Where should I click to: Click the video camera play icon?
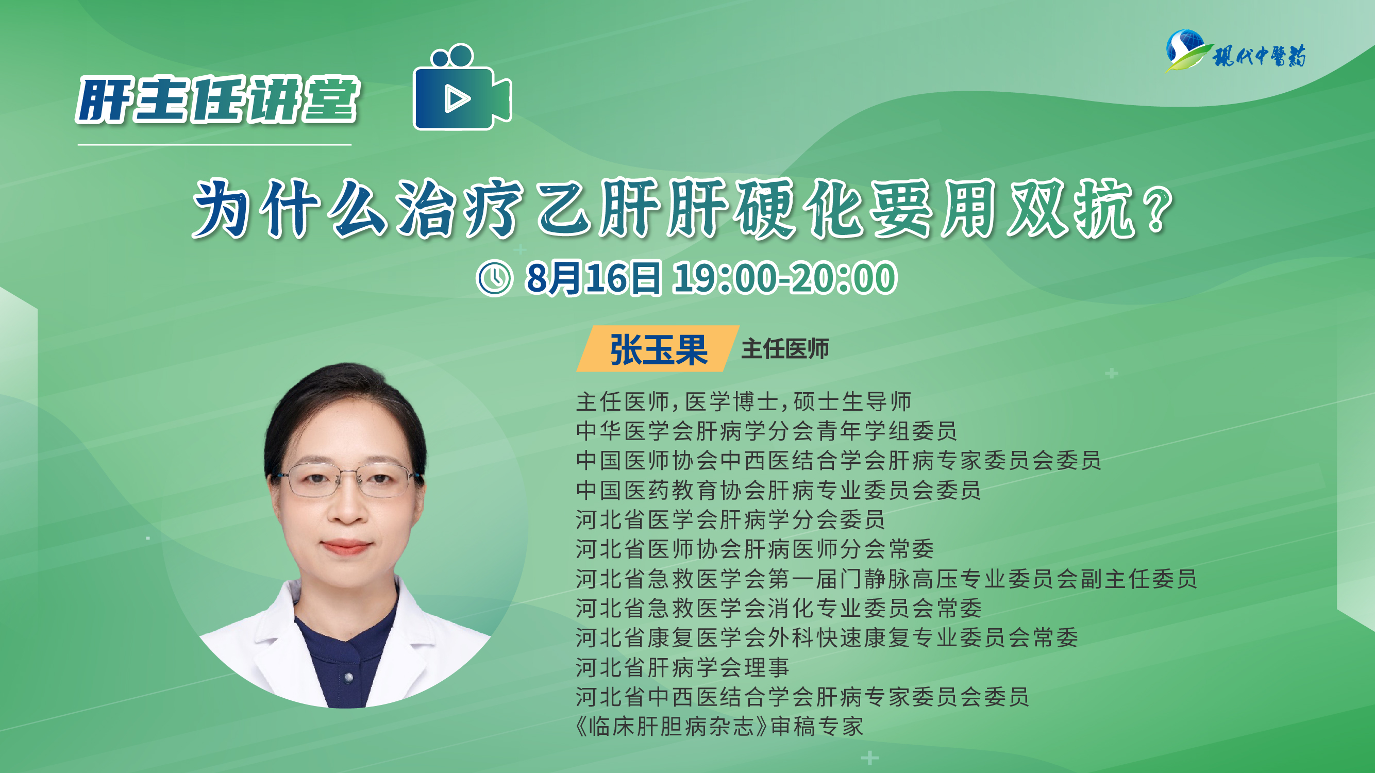tap(462, 87)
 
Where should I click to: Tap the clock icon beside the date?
tap(494, 278)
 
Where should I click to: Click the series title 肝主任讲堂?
tap(219, 100)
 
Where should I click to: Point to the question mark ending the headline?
tap(1160, 210)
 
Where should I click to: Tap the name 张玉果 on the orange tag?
tap(659, 350)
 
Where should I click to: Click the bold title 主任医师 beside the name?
tap(784, 349)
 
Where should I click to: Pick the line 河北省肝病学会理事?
tap(682, 667)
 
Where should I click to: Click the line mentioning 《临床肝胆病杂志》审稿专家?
tap(719, 726)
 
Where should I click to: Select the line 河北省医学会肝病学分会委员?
tap(730, 519)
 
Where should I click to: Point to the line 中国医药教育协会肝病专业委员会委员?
tap(778, 490)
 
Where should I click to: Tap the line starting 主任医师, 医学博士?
tap(744, 401)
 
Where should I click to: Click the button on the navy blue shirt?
tap(348, 678)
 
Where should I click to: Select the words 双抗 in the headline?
tap(1071, 209)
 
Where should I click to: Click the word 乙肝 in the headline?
tap(598, 209)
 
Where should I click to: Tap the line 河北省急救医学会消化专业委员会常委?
tap(779, 608)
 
